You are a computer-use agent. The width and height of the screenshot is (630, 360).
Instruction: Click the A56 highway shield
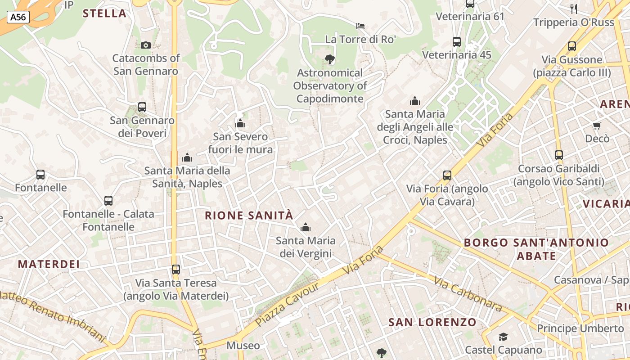click(x=18, y=17)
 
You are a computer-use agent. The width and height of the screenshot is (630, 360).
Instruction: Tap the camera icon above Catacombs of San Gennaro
click(x=145, y=45)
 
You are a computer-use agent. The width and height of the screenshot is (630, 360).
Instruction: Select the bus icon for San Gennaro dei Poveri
click(x=142, y=107)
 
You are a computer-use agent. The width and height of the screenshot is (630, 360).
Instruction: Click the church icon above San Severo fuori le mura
click(x=240, y=123)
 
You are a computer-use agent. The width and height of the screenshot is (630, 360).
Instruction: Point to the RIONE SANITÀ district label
click(x=249, y=216)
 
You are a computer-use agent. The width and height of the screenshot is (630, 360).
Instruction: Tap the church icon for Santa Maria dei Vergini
click(x=306, y=227)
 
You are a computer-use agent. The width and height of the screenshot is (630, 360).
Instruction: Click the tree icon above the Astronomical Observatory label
click(x=329, y=59)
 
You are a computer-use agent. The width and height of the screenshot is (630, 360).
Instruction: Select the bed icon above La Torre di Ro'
click(x=360, y=26)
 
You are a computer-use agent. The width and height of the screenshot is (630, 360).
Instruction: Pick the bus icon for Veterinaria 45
click(x=457, y=42)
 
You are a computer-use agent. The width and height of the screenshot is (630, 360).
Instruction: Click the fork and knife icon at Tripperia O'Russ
click(x=574, y=9)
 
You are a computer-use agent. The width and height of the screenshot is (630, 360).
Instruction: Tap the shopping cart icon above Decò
click(x=597, y=126)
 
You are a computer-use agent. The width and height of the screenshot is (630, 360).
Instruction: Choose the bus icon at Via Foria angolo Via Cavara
click(x=447, y=175)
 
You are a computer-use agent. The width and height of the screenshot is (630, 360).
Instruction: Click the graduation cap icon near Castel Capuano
click(x=503, y=337)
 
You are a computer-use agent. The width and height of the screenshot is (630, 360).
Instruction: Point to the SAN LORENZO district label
click(x=432, y=322)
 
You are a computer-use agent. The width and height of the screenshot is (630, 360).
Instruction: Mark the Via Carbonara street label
click(x=468, y=294)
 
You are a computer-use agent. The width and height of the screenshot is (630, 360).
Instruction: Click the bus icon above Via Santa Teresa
click(x=176, y=270)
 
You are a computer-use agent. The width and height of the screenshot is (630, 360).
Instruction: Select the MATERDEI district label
click(x=49, y=264)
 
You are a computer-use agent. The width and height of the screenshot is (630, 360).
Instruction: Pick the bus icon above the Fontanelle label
click(x=40, y=175)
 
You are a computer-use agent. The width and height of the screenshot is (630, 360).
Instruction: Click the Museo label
click(x=243, y=346)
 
